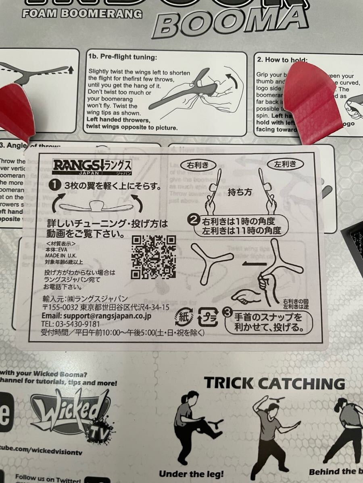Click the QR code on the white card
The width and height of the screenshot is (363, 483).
click(x=154, y=257)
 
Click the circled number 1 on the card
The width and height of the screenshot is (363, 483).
click(x=54, y=186)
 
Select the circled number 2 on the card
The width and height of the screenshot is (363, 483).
click(x=194, y=220)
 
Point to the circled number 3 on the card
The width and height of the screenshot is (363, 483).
click(x=227, y=311)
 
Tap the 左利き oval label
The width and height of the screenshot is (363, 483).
click(x=285, y=164)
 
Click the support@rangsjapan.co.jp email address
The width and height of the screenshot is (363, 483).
click(x=96, y=316)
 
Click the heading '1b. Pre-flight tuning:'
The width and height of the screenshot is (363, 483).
click(x=122, y=57)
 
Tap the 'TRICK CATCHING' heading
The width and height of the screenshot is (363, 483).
click(x=275, y=383)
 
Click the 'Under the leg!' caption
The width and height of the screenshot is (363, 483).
click(x=191, y=474)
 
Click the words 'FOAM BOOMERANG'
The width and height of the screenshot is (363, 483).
click(x=82, y=14)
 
